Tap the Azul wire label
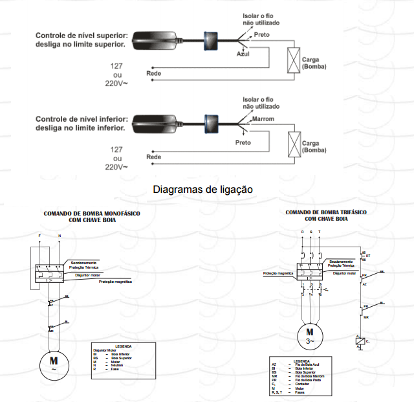click(243, 54)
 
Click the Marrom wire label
click(263, 119)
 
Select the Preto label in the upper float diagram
click(261, 34)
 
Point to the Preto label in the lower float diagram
click(243, 142)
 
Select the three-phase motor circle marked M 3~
click(310, 336)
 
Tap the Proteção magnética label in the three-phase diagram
click(278, 274)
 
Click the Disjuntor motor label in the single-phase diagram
click(87, 275)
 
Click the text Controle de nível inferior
click(80, 119)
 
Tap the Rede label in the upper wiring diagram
click(154, 74)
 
